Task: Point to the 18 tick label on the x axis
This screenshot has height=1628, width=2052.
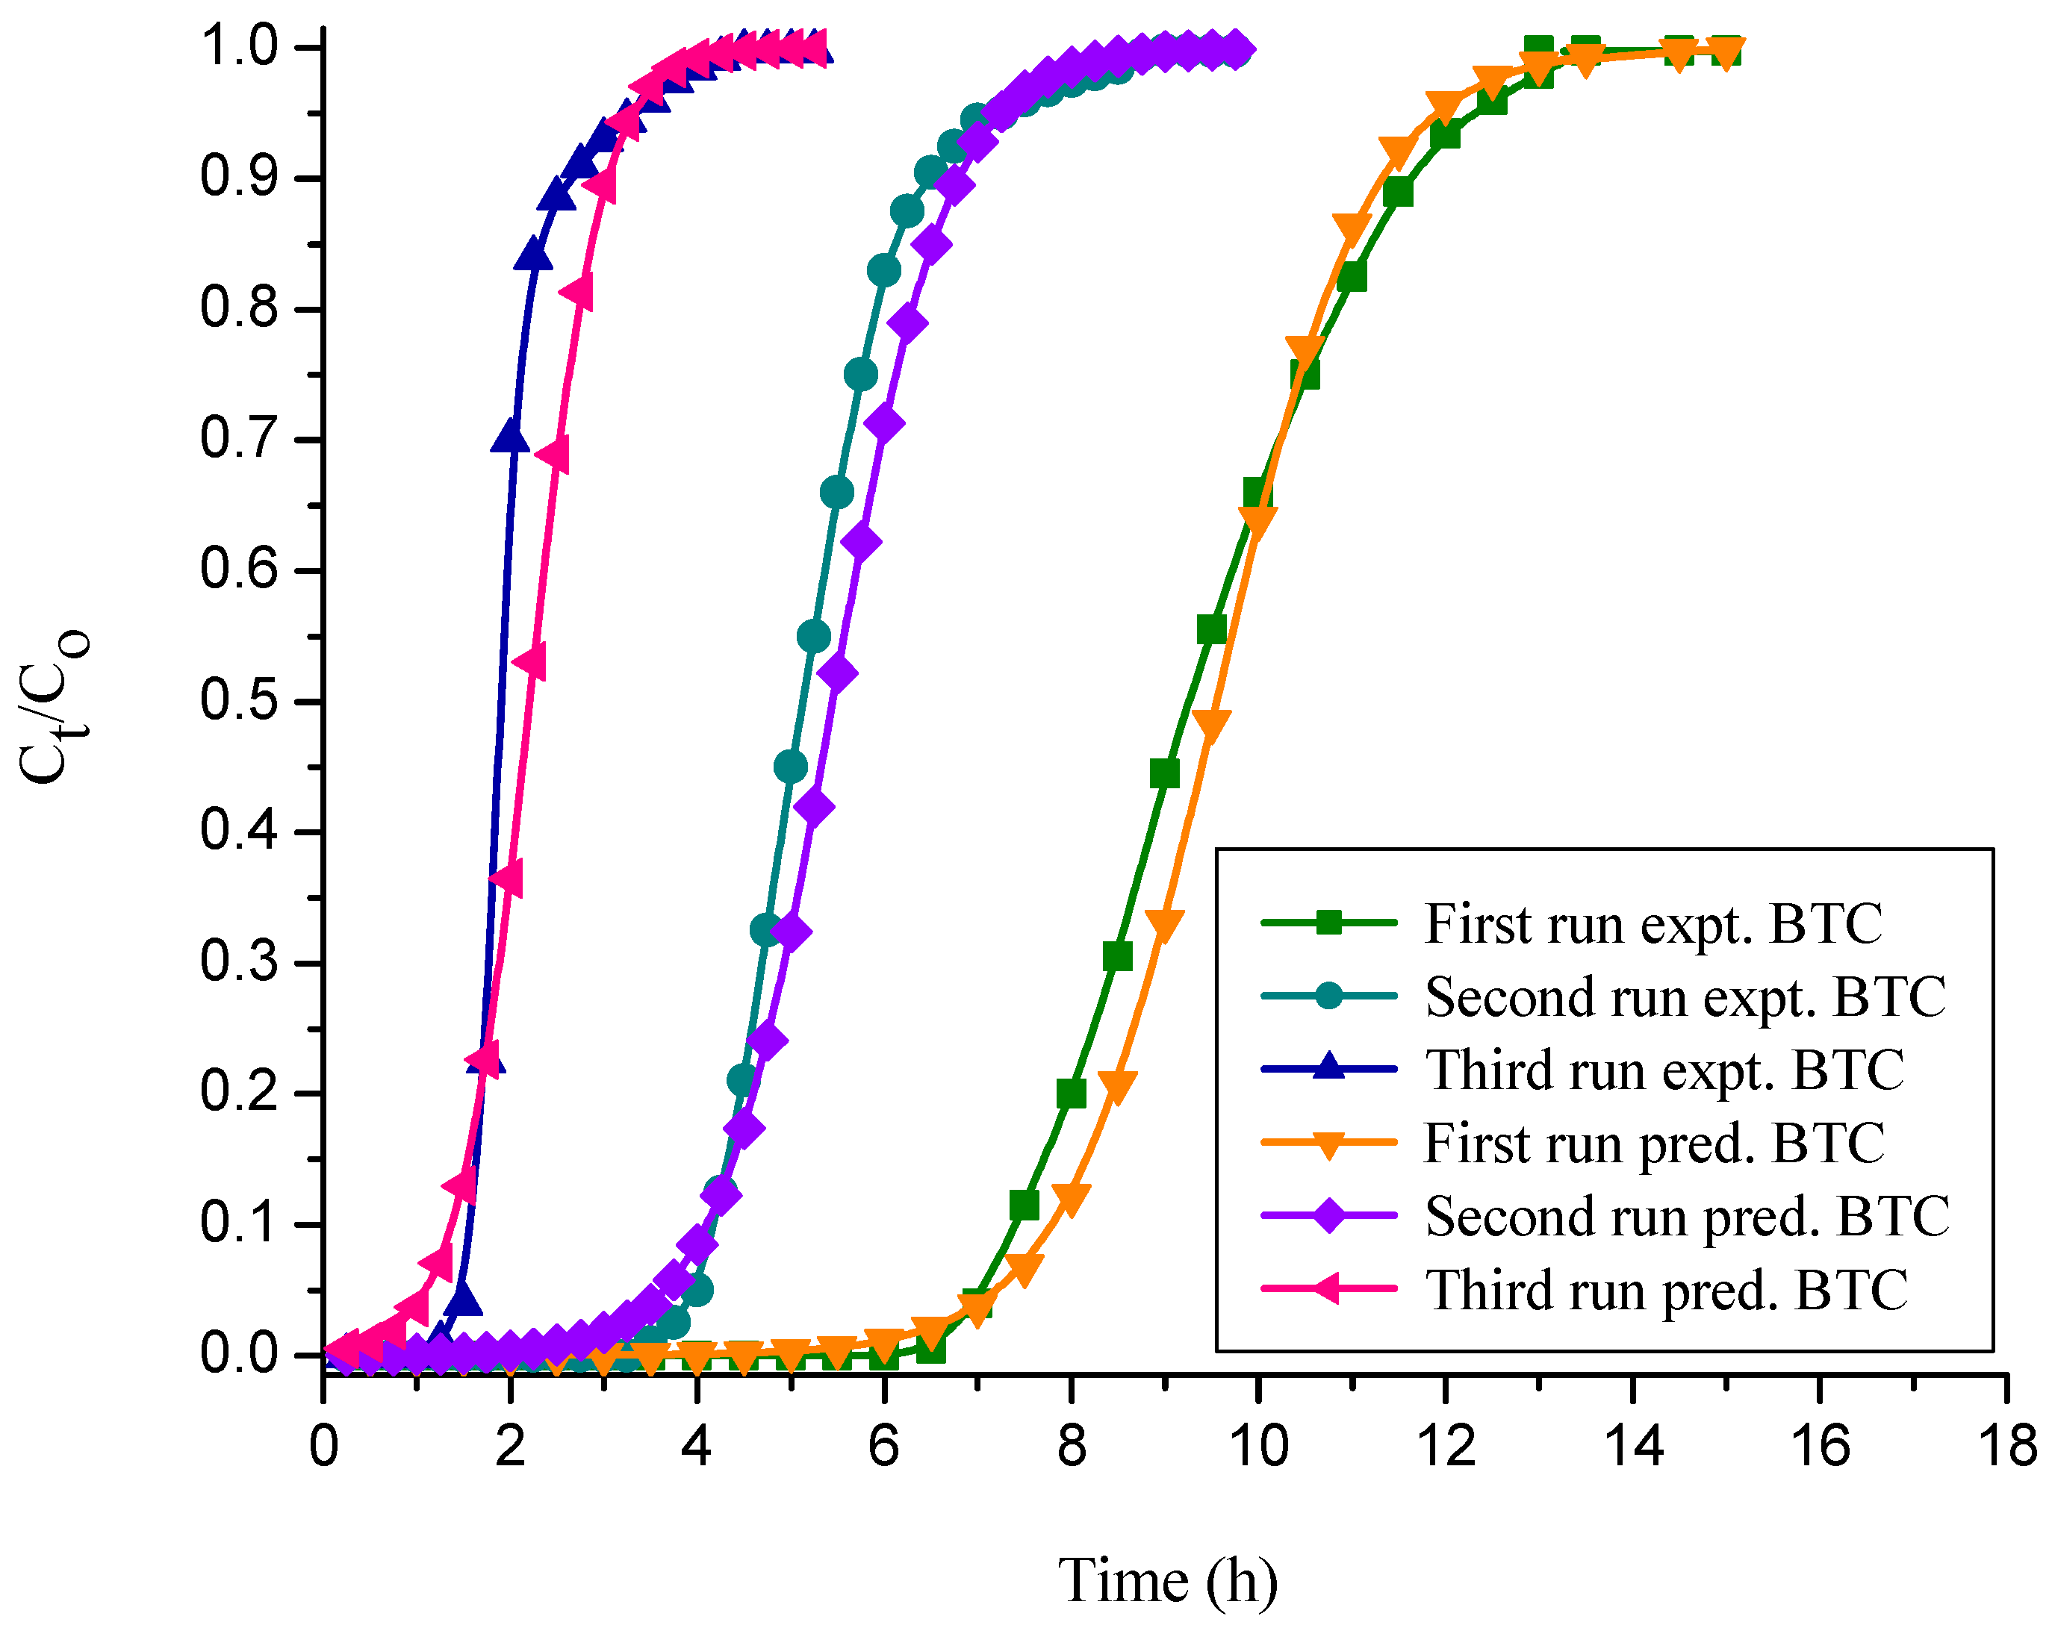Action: [x=2006, y=1447]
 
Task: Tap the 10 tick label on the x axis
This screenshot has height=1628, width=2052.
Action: [x=1258, y=1447]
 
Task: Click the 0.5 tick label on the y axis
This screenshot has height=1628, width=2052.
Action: [x=239, y=701]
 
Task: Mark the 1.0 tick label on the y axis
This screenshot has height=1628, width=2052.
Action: [x=239, y=48]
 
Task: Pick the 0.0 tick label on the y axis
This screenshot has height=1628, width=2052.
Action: [x=239, y=1355]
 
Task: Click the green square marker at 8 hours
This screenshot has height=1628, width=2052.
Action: [x=1072, y=1094]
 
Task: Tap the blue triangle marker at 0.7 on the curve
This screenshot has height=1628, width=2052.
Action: [x=511, y=437]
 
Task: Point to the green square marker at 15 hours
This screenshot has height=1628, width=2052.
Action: [x=1726, y=51]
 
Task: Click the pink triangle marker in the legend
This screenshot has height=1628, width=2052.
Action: [x=1328, y=1289]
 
